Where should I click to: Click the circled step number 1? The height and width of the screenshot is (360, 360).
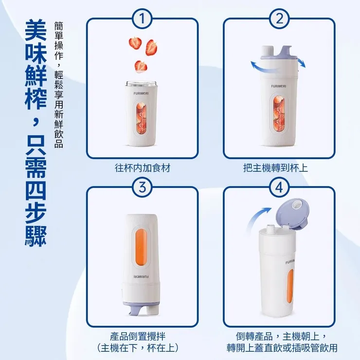point(143,18)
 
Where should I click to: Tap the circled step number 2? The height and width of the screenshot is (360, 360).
point(279,18)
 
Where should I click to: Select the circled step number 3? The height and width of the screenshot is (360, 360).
point(143,187)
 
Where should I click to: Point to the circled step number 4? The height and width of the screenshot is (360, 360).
point(279,187)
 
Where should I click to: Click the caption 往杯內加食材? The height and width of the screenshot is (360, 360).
point(143,168)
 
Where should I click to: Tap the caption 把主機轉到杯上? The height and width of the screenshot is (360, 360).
point(275,168)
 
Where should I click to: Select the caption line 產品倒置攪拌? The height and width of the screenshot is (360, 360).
point(138,336)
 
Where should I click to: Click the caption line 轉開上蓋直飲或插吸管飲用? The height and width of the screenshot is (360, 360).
point(282,348)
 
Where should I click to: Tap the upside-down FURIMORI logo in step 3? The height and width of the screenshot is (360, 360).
point(141,277)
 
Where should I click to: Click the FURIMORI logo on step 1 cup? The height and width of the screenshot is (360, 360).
point(141,93)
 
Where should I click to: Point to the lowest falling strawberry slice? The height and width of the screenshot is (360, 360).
point(141,66)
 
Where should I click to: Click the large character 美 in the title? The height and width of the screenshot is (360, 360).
point(36,30)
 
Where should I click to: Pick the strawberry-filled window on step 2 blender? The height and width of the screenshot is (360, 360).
point(279,113)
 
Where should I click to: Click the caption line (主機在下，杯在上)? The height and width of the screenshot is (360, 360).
point(138,348)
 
